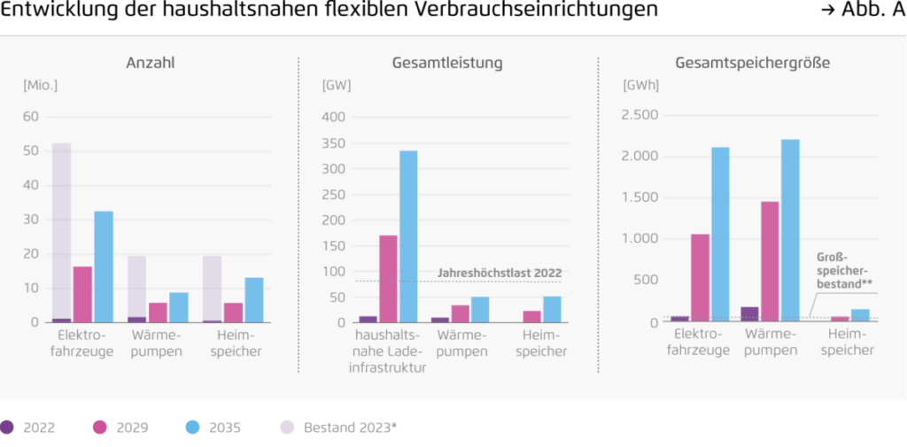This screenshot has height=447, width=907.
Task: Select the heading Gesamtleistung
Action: click(447, 63)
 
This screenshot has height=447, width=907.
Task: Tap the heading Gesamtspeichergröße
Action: click(752, 63)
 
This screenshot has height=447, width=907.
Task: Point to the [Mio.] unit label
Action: click(40, 85)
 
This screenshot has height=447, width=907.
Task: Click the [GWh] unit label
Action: click(641, 85)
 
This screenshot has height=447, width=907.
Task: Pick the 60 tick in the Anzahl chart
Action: click(32, 117)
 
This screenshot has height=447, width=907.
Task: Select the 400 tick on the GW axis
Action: click(333, 117)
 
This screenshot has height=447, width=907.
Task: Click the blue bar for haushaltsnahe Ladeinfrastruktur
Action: click(408, 236)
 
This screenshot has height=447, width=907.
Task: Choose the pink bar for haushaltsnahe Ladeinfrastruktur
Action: click(388, 279)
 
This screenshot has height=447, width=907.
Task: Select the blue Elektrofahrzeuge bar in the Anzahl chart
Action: click(104, 266)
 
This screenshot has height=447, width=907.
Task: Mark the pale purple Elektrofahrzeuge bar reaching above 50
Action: click(61, 230)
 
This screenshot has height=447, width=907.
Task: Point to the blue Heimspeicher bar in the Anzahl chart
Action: click(254, 300)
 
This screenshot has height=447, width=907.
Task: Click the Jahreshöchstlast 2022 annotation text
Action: click(500, 273)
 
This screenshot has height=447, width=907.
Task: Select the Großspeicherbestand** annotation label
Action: click(842, 271)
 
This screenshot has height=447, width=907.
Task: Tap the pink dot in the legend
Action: click(100, 428)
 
